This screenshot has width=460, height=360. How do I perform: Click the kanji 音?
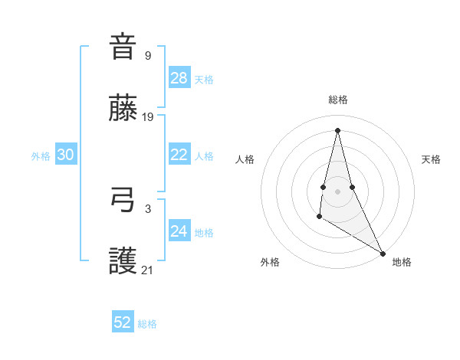point(123,47)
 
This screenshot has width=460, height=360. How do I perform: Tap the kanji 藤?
point(123,109)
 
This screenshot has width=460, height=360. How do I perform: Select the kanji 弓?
point(123,201)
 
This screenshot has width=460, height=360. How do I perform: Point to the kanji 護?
point(123,262)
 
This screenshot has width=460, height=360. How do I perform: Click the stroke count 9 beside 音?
point(148,55)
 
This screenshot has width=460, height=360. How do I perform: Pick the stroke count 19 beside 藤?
point(148,117)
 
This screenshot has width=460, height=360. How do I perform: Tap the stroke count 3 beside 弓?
point(148,208)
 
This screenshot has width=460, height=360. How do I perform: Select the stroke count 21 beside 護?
point(148,270)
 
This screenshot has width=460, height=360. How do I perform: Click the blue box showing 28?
point(179,77)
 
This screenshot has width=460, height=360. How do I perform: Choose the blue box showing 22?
point(179,155)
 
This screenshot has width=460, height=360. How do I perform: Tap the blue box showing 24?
point(179,231)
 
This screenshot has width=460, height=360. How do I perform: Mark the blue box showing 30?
point(65,155)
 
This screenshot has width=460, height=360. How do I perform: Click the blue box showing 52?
point(123,322)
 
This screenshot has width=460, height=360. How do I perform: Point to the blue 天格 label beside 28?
point(204,80)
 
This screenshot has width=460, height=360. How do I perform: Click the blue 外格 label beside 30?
point(41,156)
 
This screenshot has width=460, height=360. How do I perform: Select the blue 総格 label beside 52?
point(147,324)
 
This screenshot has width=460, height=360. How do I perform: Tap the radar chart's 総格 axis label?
point(338,100)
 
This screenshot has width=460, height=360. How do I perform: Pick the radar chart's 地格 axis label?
point(402,262)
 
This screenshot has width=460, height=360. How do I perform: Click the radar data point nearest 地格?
point(383,254)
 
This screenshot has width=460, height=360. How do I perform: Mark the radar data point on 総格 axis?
point(337,129)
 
